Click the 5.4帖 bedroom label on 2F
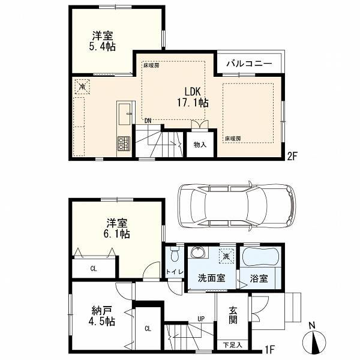point(103,41)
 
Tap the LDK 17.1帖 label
point(193,97)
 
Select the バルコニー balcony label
point(249,64)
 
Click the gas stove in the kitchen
point(124,143)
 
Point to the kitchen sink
point(124,114)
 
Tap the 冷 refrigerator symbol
point(82,87)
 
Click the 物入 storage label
point(200,145)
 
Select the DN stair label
point(148,121)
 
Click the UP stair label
point(201,319)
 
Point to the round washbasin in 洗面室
point(198,253)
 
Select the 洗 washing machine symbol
point(226,256)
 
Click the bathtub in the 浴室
point(261,257)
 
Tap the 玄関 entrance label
point(232,316)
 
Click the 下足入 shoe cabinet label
point(233,344)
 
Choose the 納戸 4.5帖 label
point(102,316)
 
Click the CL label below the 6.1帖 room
point(94,269)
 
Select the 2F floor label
point(293,157)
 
